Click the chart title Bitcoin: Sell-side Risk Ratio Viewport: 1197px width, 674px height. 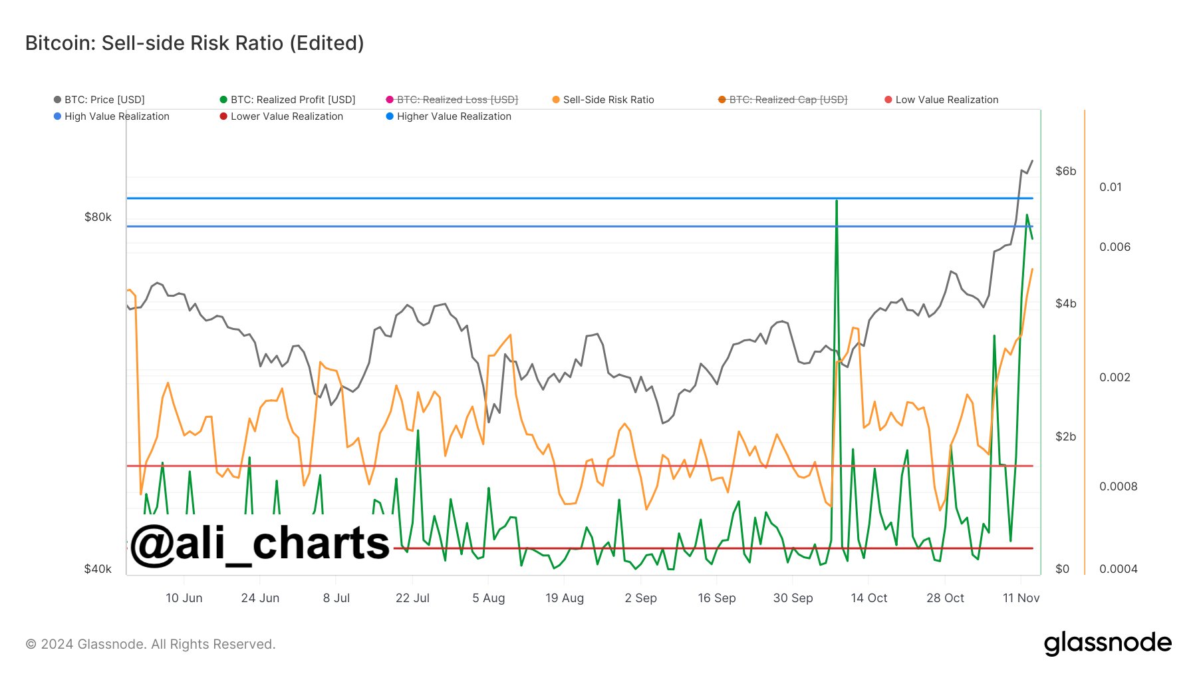[x=194, y=43]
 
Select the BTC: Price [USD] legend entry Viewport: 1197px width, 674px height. [x=104, y=100]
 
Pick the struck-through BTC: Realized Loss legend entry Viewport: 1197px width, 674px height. [x=457, y=100]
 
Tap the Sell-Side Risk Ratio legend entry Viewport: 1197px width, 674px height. [x=608, y=100]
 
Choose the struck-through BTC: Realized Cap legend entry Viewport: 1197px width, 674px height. [x=788, y=100]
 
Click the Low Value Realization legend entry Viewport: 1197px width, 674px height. [x=946, y=100]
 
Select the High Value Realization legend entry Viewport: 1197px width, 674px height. [x=116, y=116]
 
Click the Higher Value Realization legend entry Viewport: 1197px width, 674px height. [x=454, y=116]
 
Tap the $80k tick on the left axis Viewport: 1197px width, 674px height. [x=98, y=218]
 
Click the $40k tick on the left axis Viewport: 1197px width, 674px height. [x=98, y=569]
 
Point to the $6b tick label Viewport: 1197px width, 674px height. [x=1065, y=172]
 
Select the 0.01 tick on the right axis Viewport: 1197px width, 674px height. [x=1110, y=187]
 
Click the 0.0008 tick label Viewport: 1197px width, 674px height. [x=1118, y=486]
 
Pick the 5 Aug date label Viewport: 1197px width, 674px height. [x=488, y=598]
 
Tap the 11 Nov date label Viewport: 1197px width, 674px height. [x=1021, y=598]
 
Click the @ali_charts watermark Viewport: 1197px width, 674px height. [x=259, y=544]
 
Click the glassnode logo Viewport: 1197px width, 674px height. [x=1107, y=643]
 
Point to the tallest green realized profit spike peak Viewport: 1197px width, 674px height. [x=836, y=200]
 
